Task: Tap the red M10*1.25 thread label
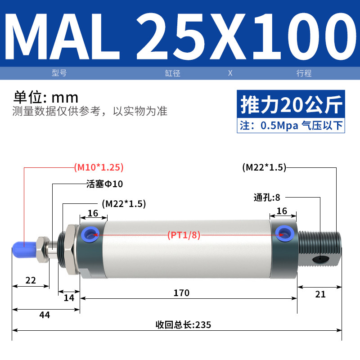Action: [99, 167]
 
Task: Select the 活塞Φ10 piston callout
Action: [105, 184]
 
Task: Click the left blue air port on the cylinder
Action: [90, 234]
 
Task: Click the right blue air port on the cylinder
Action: [285, 234]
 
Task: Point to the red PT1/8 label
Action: [184, 235]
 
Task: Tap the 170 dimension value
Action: [181, 293]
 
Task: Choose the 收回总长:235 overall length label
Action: [183, 325]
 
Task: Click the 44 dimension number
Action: [45, 315]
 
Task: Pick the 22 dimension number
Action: [31, 280]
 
